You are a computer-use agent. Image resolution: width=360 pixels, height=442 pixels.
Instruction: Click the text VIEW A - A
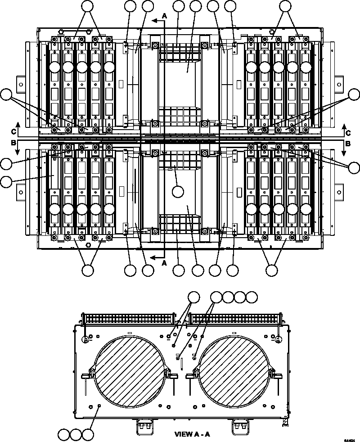[x=192, y=434]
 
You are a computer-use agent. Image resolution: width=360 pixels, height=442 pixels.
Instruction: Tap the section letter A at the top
[x=164, y=15]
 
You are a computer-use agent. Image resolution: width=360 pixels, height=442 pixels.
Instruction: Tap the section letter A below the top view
[x=164, y=263]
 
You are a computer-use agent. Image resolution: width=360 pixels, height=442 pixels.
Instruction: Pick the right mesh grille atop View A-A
[x=234, y=319]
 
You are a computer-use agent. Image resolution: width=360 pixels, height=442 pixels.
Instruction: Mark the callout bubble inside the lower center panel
[x=178, y=191]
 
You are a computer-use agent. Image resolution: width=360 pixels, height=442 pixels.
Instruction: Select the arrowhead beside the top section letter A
[x=154, y=20]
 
